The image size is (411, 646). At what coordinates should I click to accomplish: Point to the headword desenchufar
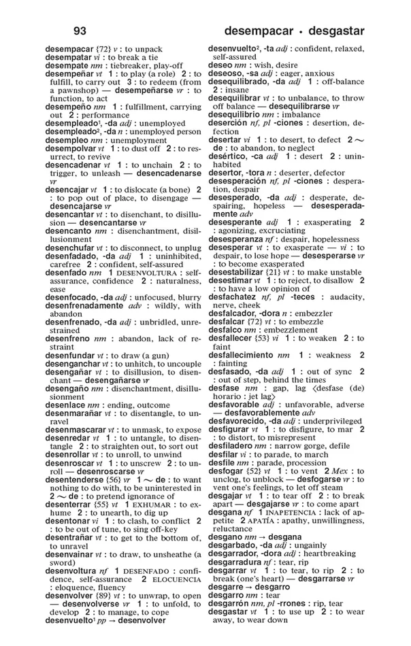click(70, 248)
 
